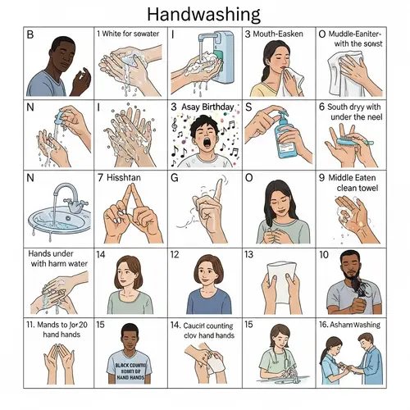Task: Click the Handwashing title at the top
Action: pyautogui.click(x=205, y=14)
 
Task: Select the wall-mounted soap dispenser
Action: pyautogui.click(x=216, y=52)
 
